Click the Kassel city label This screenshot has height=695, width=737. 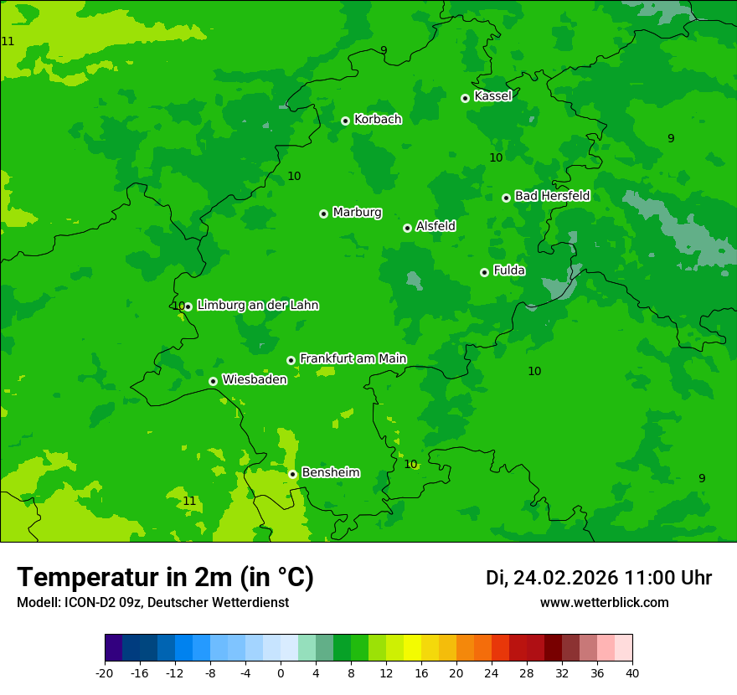click(x=492, y=96)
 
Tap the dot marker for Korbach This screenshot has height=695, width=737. click(x=345, y=121)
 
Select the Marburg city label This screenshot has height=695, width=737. click(x=357, y=213)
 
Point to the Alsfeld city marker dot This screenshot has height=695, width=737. click(x=407, y=228)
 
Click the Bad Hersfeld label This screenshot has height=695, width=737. click(x=552, y=196)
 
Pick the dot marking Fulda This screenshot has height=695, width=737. click(x=484, y=272)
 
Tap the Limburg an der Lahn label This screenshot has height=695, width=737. click(x=257, y=306)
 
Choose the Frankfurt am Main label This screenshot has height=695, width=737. click(x=353, y=359)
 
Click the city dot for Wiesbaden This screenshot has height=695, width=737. click(x=213, y=381)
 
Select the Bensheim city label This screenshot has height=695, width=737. click(x=330, y=473)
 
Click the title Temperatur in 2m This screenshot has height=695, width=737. click(x=165, y=578)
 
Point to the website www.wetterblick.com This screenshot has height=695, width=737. click(x=605, y=603)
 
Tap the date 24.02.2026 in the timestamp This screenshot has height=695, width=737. click(x=565, y=579)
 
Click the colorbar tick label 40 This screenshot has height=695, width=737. click(x=632, y=673)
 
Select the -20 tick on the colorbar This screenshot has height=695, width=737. click(x=105, y=673)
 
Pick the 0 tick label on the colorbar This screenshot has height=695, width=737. click(x=281, y=673)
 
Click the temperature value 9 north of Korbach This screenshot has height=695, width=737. click(x=384, y=50)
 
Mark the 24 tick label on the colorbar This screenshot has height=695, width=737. click(x=492, y=673)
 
